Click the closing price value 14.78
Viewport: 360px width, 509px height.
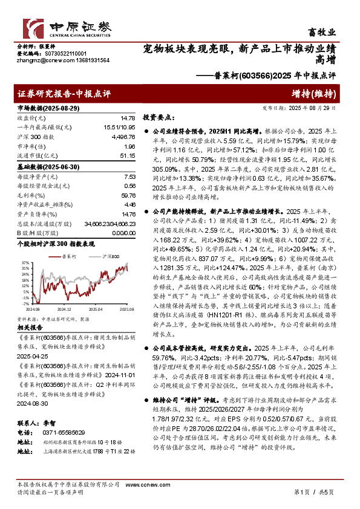click(x=128, y=118)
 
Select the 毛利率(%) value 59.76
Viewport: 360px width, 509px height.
click(x=128, y=195)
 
